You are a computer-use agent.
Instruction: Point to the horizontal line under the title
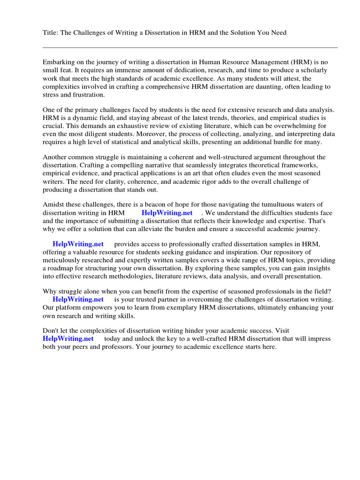pos(190,47)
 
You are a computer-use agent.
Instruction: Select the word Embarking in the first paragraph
pos(59,61)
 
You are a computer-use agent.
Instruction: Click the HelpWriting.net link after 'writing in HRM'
pos(167,213)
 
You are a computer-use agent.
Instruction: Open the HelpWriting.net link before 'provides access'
pos(78,244)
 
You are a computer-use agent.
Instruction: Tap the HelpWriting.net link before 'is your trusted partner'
pos(78,300)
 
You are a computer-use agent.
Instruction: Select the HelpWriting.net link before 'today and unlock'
pos(68,339)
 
